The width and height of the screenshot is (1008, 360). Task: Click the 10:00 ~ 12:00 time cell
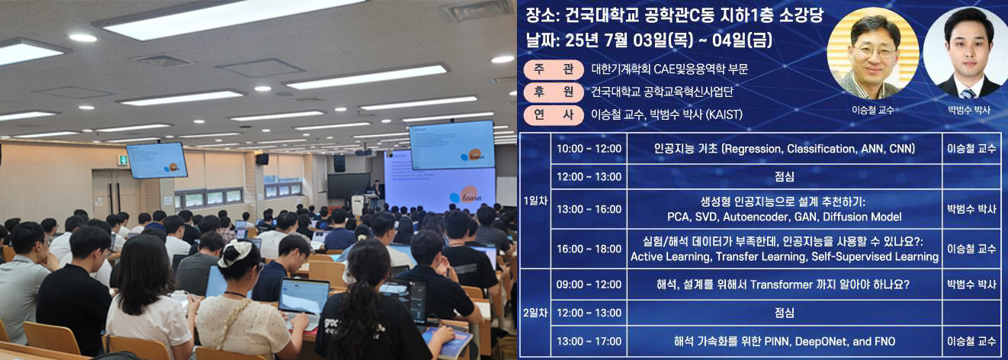pos(589,149)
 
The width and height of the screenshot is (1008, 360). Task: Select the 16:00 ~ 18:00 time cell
pos(589,249)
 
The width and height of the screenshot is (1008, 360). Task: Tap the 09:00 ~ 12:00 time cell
pos(589,284)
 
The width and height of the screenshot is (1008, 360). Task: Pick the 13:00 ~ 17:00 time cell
pos(589,342)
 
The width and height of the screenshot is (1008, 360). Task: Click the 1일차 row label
pos(535,201)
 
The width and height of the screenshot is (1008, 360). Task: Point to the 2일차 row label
pos(535,312)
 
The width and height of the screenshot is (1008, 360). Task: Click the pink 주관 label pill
pos(554,69)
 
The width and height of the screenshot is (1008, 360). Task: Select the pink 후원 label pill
pos(554,92)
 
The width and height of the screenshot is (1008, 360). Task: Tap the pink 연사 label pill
pos(554,114)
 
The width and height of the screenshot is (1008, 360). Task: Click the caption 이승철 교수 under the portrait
pos(872,110)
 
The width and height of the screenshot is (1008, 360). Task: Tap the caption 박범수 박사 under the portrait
pos(969,110)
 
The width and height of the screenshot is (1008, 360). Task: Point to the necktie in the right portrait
pos(968,93)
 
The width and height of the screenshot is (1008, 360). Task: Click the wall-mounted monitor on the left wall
pos(156,160)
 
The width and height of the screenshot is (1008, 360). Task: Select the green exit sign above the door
pos(121,159)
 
